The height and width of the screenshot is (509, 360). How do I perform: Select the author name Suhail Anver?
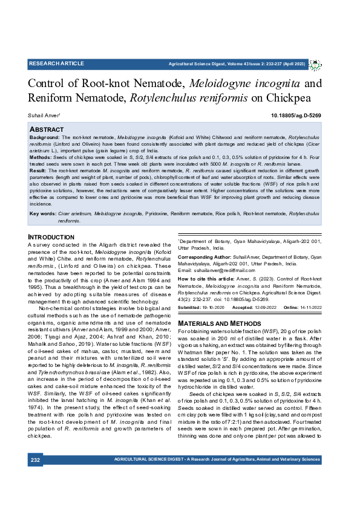pos(44,115)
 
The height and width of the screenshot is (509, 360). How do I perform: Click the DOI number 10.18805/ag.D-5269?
pos(296,115)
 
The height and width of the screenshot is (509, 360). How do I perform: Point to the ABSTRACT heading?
pos(47,129)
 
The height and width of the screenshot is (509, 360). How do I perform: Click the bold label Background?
pos(45,138)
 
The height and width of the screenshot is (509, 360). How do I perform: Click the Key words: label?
pos(42,213)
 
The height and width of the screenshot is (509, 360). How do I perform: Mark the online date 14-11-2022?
pos(309,308)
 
